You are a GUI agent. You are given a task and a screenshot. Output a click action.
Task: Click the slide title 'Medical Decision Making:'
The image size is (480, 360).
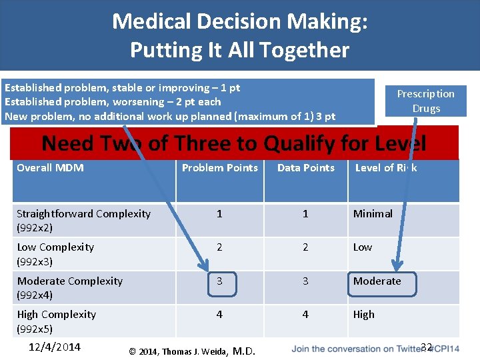239,21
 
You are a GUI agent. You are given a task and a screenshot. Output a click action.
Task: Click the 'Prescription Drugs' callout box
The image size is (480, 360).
425,101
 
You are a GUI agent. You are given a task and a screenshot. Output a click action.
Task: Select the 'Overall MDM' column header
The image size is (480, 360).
50,168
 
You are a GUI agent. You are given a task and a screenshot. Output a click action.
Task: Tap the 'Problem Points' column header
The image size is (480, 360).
219,168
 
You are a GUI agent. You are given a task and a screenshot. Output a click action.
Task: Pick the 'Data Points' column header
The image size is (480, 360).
305,168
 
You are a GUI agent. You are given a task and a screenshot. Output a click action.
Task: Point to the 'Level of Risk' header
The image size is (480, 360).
385,168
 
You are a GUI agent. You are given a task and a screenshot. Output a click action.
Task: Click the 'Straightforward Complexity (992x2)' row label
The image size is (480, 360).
83,221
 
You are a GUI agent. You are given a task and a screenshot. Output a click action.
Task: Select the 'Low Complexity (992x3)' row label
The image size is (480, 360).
55,254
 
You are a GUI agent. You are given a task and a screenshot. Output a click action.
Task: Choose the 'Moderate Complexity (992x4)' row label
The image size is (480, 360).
69,287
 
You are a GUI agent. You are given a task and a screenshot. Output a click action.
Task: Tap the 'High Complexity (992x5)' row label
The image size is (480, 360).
56,321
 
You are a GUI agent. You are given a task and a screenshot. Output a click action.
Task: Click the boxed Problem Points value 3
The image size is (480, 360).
219,281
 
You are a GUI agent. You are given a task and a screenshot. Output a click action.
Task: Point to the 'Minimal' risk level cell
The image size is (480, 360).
373,214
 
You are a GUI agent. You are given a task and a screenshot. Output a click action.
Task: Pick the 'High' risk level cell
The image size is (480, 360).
363,315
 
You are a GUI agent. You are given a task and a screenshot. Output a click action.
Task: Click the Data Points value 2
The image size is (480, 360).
305,247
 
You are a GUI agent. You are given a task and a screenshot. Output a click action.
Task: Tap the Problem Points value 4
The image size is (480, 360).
219,315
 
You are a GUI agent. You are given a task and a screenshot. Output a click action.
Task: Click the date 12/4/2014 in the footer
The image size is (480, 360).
55,347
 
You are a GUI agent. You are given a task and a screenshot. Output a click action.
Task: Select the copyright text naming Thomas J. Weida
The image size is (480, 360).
191,351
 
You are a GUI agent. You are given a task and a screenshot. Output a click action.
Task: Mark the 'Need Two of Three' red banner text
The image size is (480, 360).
233,143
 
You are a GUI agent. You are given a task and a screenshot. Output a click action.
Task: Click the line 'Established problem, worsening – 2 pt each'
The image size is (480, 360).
113,102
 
